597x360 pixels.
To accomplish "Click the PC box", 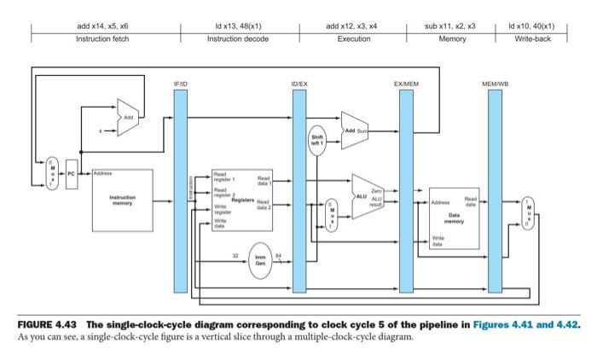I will tap(72, 173).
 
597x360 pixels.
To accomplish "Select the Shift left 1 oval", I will tap(317, 141).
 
